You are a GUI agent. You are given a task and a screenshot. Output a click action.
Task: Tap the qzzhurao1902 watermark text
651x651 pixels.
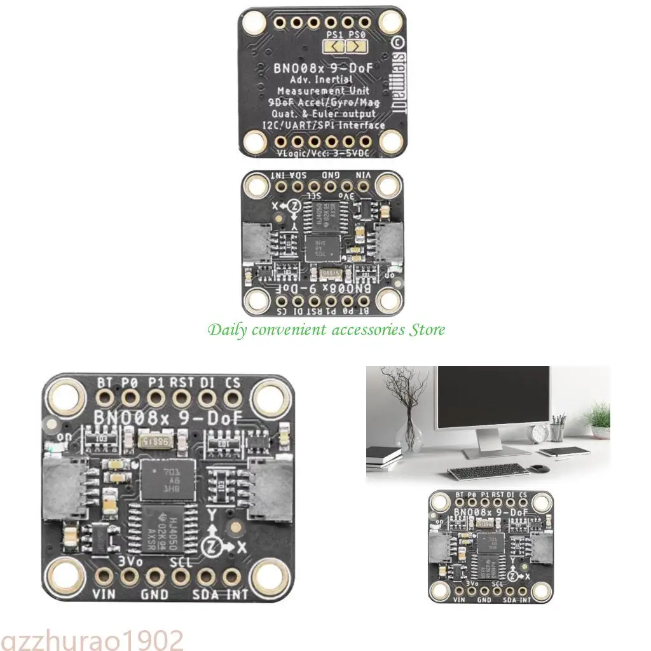92,639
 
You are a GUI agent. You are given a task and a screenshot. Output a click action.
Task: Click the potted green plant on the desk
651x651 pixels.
598,420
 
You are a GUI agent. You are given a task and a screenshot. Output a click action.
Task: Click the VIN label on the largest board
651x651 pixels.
104,594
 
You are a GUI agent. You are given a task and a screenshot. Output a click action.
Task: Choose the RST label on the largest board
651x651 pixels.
182,382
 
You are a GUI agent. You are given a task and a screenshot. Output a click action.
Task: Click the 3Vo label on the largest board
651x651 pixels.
130,561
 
